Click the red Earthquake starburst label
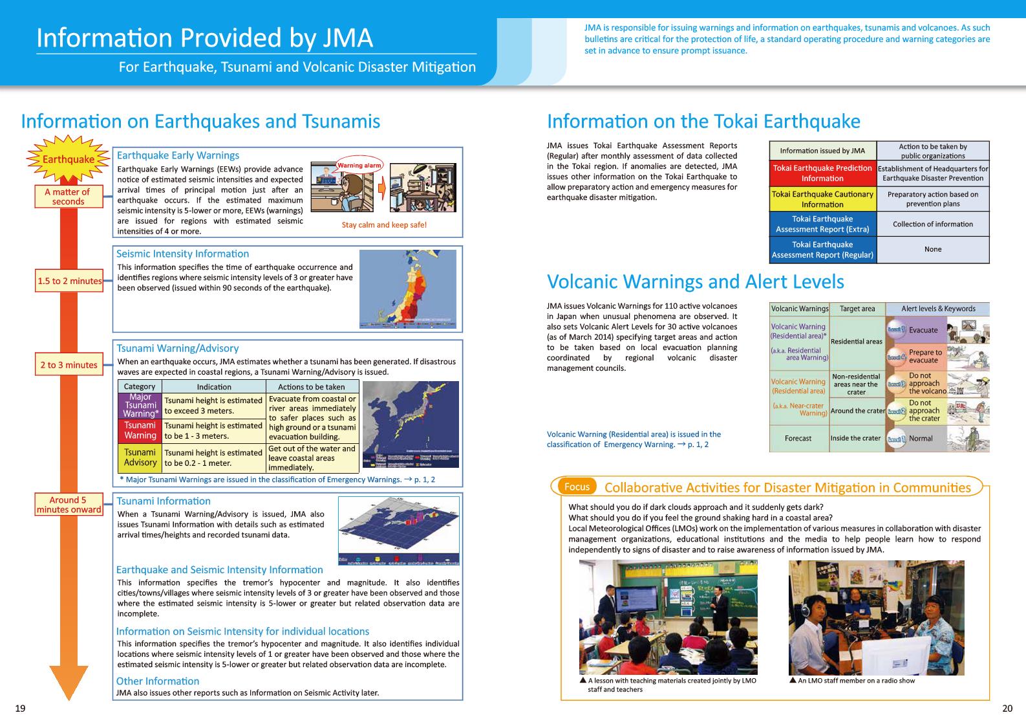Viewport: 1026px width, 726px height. (x=68, y=159)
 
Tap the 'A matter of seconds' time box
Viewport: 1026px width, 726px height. (x=68, y=197)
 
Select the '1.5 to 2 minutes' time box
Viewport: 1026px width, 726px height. (x=69, y=281)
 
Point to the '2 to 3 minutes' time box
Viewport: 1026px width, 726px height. (x=69, y=365)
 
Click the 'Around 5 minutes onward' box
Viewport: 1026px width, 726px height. (x=69, y=505)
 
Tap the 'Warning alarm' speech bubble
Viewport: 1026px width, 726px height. (x=359, y=166)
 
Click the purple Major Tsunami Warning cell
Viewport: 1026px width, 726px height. (x=140, y=406)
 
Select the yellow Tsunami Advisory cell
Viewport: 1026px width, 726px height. (x=140, y=457)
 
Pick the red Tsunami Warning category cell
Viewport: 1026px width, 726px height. (x=140, y=430)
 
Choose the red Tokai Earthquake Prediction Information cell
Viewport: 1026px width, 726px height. (x=822, y=173)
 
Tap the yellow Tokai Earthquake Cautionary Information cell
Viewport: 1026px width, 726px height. (x=822, y=199)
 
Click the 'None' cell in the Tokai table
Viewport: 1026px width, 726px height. (x=932, y=250)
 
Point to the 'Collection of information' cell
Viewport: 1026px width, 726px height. (x=932, y=225)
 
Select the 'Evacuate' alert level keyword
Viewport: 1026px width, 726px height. (x=923, y=330)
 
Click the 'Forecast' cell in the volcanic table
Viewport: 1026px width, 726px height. (x=798, y=439)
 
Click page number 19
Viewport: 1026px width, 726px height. (x=20, y=709)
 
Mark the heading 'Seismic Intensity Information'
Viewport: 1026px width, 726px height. (x=182, y=254)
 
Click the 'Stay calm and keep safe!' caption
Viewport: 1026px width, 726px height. (x=384, y=225)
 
